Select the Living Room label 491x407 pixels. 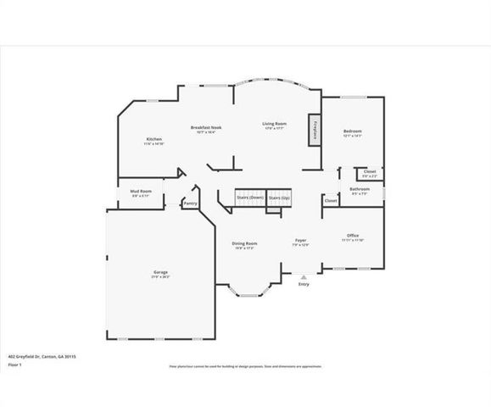pos(273,125)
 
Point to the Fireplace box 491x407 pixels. pos(314,128)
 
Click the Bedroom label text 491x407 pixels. pos(352,131)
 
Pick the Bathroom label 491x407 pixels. pos(360,189)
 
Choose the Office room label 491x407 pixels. pos(353,236)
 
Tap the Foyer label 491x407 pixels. pos(300,242)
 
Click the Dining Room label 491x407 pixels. pos(244,244)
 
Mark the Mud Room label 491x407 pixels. pos(142,192)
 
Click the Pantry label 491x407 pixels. pos(191,203)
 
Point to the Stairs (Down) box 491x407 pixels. pos(249,198)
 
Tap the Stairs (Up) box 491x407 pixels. pos(280,198)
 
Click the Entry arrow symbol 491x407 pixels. pos(304,276)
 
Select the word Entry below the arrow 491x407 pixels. pos(304,284)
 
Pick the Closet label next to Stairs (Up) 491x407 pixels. pos(330,201)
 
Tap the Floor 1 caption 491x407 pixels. pos(14,365)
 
